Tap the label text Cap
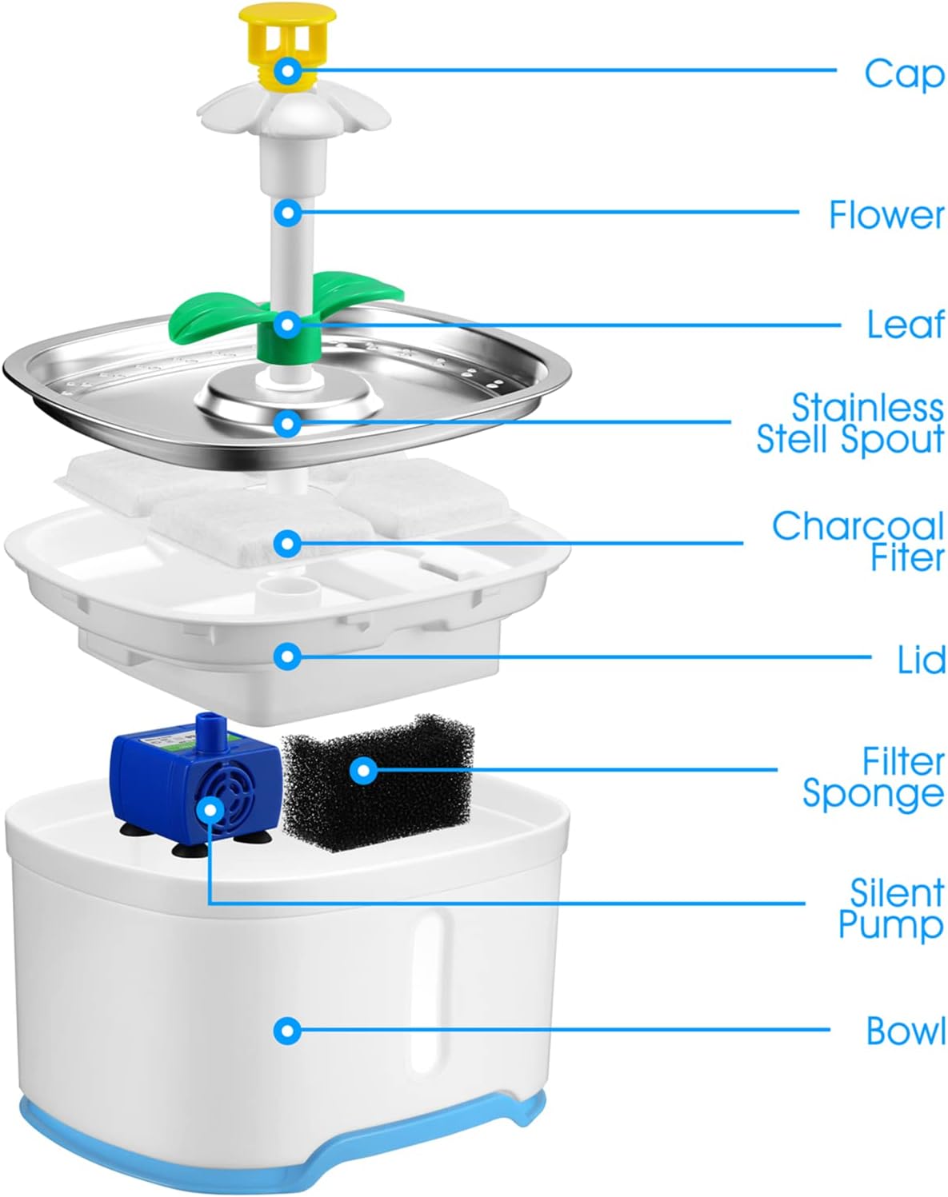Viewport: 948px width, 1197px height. [x=904, y=74]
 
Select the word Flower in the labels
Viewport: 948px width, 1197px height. [x=886, y=215]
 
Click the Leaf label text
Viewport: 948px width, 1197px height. [x=906, y=325]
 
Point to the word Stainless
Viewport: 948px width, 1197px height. [x=868, y=408]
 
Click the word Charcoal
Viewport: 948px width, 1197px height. [x=858, y=525]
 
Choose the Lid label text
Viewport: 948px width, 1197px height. [x=922, y=659]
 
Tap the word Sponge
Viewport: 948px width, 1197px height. [x=874, y=794]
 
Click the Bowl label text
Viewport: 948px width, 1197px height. [x=906, y=1031]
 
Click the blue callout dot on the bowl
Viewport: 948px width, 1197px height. [x=287, y=1031]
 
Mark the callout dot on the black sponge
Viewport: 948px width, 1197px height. [x=363, y=771]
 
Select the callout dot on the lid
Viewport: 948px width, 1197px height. [x=287, y=656]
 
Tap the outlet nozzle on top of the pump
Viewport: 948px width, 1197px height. [x=210, y=724]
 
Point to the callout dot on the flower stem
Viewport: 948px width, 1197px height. [x=287, y=213]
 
